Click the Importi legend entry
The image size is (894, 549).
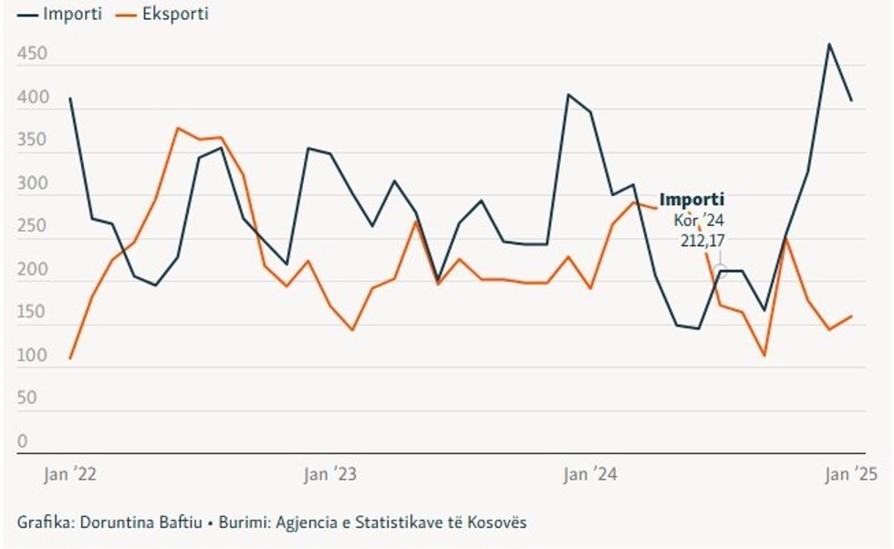pyautogui.click(x=60, y=14)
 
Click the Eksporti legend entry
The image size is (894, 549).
pyautogui.click(x=165, y=14)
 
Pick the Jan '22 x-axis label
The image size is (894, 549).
pyautogui.click(x=70, y=474)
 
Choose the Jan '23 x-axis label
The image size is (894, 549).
pyautogui.click(x=330, y=474)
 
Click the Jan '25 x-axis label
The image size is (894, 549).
pyautogui.click(x=851, y=474)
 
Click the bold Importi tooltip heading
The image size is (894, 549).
pyautogui.click(x=691, y=200)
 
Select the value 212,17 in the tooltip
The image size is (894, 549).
pyautogui.click(x=702, y=241)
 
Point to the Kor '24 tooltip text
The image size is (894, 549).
pyautogui.click(x=699, y=221)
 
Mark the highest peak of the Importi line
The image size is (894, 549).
pyautogui.click(x=829, y=44)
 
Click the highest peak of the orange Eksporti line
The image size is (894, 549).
pyautogui.click(x=179, y=128)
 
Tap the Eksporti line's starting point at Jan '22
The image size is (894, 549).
pyautogui.click(x=70, y=358)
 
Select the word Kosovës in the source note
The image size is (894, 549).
pyautogui.click(x=498, y=523)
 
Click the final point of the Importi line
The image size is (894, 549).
pyautogui.click(x=851, y=100)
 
